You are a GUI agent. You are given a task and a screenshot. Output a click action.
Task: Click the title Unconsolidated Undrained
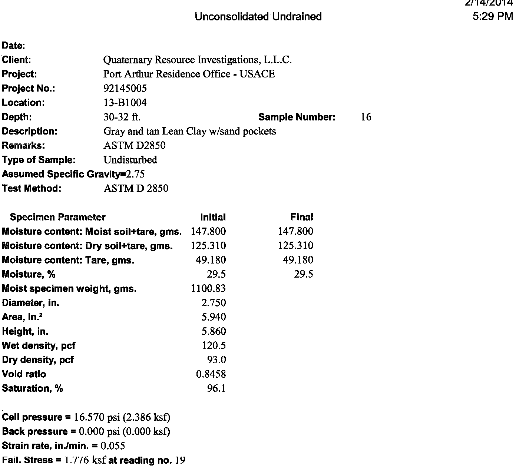(x=258, y=17)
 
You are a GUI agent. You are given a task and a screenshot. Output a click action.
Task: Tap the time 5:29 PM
(x=493, y=17)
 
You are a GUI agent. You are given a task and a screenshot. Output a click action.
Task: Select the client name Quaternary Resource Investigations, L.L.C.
(x=198, y=60)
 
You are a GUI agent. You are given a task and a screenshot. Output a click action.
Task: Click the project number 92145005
(x=125, y=88)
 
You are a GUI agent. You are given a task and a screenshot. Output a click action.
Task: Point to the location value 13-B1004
(x=125, y=103)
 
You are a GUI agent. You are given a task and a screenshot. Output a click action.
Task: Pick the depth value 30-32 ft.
(x=122, y=117)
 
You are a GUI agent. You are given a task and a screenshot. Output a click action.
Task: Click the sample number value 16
(x=366, y=117)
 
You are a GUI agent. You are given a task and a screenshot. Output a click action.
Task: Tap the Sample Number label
(x=297, y=117)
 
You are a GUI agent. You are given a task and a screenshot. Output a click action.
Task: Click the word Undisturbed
(x=130, y=160)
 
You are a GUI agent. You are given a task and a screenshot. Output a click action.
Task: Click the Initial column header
(x=213, y=217)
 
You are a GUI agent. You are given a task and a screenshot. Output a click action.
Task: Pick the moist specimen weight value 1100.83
(x=208, y=288)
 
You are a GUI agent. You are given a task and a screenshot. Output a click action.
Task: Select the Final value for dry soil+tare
(x=295, y=246)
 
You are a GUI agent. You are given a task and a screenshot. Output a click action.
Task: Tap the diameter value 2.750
(x=214, y=303)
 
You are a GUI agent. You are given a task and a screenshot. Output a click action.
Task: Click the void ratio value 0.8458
(x=211, y=374)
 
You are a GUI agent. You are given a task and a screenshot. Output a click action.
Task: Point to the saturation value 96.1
(x=216, y=388)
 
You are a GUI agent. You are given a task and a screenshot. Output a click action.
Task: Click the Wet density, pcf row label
(x=39, y=346)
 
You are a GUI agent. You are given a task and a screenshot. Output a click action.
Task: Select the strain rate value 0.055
(x=113, y=446)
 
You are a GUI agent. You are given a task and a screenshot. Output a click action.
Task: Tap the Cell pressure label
(x=33, y=417)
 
